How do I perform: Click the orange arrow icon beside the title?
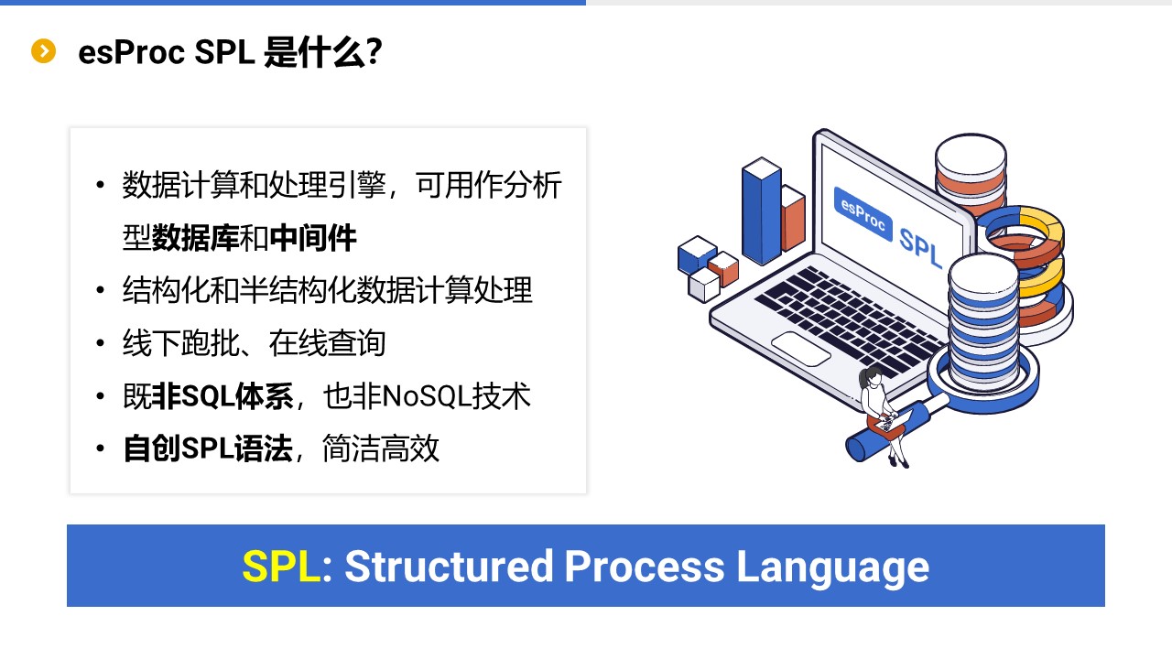43,51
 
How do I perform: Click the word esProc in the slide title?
131,52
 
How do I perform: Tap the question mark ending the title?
374,52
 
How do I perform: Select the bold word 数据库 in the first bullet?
195,237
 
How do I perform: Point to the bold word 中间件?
313,237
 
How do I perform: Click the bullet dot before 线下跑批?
101,342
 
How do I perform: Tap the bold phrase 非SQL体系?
222,396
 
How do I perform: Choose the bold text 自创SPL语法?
208,448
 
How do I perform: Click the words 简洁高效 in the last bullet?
380,448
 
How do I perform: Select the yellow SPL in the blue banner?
281,566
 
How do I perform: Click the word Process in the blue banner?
645,566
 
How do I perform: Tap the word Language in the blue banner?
832,568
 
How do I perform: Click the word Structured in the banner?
449,566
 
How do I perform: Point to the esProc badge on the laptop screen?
863,214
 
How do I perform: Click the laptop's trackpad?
800,349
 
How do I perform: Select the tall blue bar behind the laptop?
762,211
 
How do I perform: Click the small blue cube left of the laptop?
697,254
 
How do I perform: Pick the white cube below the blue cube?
704,286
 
